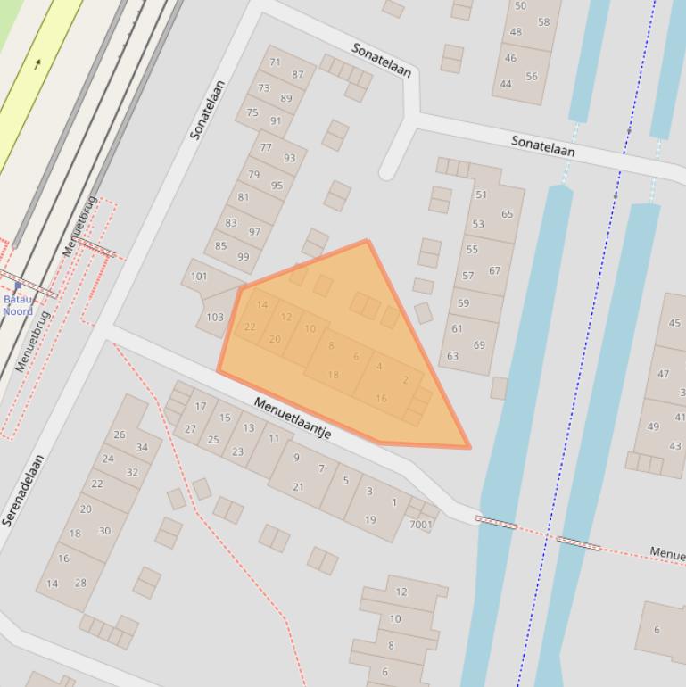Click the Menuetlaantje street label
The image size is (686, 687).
click(293, 418)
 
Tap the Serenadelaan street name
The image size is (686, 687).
click(23, 490)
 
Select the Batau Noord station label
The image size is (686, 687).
click(18, 305)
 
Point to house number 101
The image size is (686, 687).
click(199, 276)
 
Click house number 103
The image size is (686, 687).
click(215, 317)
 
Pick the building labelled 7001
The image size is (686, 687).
click(420, 525)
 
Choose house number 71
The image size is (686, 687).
click(275, 62)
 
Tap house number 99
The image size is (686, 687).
click(243, 257)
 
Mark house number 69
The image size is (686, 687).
click(479, 344)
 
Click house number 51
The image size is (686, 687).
click(482, 195)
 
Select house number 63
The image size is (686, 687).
click(453, 356)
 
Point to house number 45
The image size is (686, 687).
click(674, 323)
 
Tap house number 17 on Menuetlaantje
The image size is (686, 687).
click(201, 407)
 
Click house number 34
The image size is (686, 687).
click(142, 448)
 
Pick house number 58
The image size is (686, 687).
click(544, 22)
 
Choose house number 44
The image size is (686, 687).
click(506, 84)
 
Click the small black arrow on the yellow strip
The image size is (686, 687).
click(37, 64)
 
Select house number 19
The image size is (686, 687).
click(370, 519)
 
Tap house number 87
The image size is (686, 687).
click(298, 75)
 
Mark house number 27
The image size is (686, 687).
click(190, 429)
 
